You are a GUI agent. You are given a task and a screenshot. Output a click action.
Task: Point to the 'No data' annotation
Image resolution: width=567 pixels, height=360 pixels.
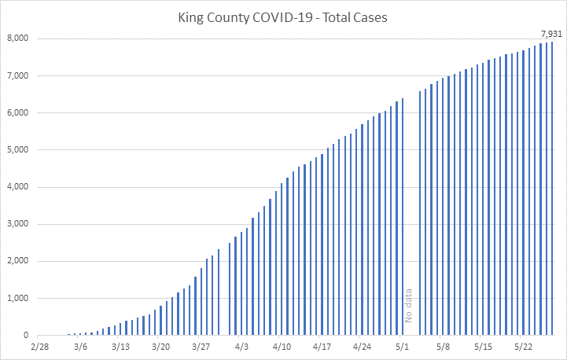(x=408, y=306)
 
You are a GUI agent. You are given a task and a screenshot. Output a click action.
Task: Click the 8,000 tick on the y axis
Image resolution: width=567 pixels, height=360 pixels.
(x=17, y=39)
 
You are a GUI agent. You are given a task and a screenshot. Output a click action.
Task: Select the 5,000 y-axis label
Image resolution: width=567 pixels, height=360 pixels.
(x=17, y=150)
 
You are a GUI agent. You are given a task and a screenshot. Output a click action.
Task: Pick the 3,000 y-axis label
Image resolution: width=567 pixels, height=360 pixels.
(x=17, y=224)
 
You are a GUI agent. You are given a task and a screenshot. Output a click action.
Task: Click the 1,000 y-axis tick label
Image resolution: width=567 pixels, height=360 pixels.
(x=17, y=299)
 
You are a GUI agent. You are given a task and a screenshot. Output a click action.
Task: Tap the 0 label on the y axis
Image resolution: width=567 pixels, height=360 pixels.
(x=26, y=336)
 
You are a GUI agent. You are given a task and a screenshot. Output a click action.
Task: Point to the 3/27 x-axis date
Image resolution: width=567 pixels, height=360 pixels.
(x=201, y=346)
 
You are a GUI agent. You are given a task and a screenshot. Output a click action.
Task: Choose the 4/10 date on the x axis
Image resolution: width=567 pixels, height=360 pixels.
(x=282, y=346)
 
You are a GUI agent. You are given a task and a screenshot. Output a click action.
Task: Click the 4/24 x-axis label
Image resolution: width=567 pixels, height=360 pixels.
(x=363, y=346)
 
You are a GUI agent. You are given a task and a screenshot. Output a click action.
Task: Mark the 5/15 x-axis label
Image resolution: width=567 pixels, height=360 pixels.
(x=484, y=346)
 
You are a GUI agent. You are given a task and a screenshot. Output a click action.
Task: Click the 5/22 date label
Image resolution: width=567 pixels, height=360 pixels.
(x=524, y=346)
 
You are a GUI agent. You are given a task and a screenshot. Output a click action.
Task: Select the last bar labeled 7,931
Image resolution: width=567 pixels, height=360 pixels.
(x=552, y=189)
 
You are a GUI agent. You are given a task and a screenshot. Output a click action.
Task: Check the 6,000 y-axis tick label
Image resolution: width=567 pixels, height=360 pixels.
(x=17, y=113)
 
